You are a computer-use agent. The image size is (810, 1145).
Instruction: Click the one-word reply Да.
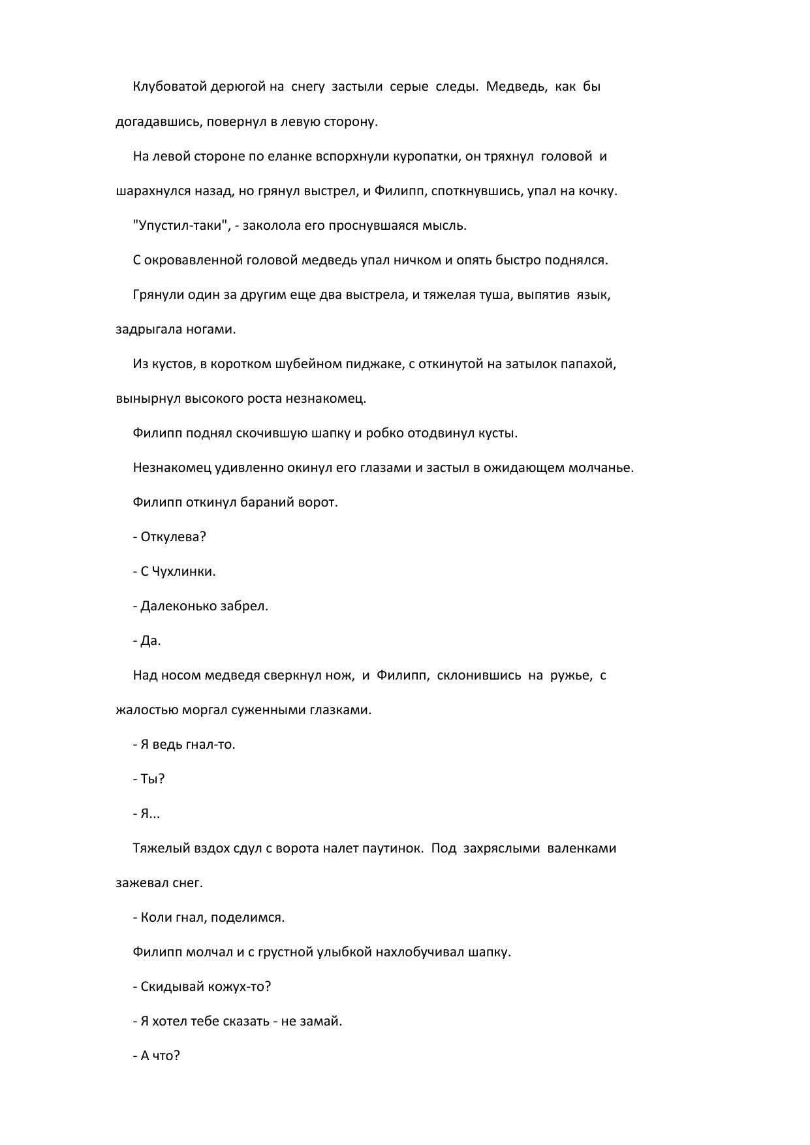pyautogui.click(x=151, y=640)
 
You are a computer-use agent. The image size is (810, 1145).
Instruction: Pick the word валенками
pyautogui.click(x=582, y=848)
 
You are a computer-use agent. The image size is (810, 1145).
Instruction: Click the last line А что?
pyautogui.click(x=160, y=1056)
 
